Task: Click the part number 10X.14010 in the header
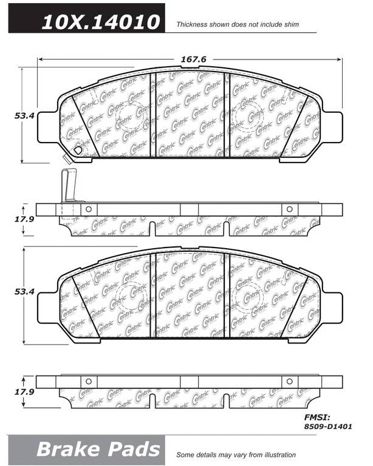click(101, 22)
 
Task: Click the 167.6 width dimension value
click(194, 59)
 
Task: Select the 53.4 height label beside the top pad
click(24, 116)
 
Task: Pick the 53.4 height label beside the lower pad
click(24, 291)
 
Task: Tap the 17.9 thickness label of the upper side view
click(24, 219)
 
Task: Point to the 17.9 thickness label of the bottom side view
click(24, 392)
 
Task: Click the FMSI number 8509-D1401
click(328, 427)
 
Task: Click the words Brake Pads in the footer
click(98, 449)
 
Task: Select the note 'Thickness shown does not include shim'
click(238, 24)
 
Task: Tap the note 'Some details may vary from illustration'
click(236, 454)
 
